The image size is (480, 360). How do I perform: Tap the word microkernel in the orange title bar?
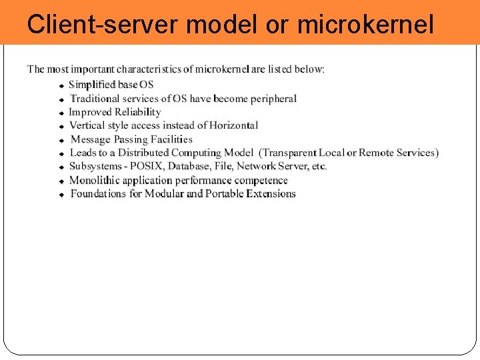pos(365,25)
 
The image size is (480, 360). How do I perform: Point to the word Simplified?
pos(92,85)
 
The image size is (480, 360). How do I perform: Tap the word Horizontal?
pos(233,125)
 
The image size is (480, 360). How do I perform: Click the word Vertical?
pos(87,125)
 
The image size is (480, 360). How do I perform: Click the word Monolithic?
pos(96,180)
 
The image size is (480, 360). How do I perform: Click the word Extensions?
pos(271,194)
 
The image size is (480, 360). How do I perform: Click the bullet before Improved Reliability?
pos(61,113)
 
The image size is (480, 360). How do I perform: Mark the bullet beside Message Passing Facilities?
pos(61,141)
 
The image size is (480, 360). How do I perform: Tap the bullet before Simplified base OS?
pos(61,86)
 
